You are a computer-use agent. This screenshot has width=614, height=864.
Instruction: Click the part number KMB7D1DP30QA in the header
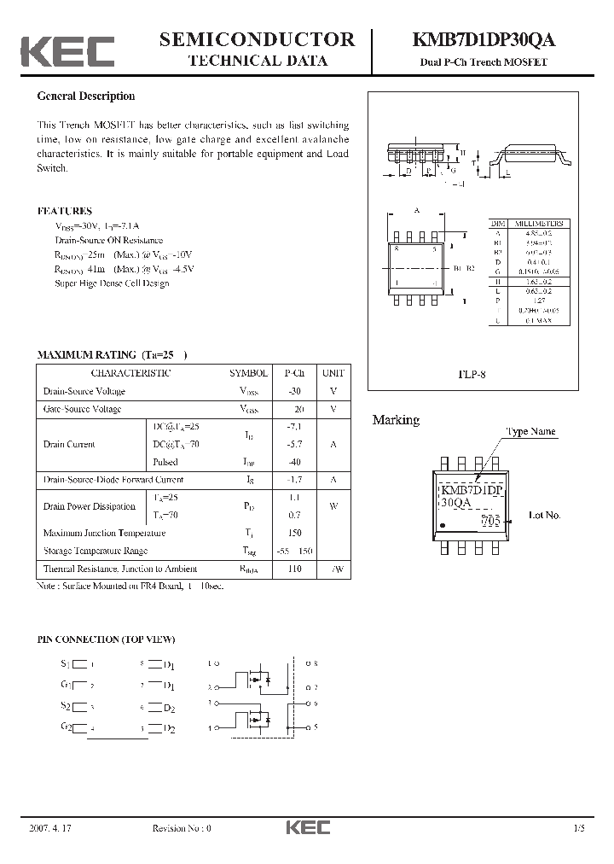click(484, 40)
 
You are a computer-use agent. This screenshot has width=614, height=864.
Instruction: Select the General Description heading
click(86, 96)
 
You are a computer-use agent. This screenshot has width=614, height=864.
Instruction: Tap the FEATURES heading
click(65, 211)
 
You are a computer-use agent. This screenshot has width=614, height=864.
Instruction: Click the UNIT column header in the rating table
click(333, 373)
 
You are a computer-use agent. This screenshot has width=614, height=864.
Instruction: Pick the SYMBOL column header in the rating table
click(248, 373)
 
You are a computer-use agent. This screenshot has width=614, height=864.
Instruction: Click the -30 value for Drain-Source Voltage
click(294, 391)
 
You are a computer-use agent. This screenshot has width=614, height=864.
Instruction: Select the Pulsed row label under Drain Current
click(165, 462)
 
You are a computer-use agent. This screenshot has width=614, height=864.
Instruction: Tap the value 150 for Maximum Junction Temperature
click(294, 533)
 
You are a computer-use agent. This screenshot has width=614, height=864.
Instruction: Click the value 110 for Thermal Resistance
click(294, 569)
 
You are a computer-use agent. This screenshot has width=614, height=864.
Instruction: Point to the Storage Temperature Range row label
click(96, 551)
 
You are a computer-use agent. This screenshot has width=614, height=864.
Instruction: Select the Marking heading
click(396, 420)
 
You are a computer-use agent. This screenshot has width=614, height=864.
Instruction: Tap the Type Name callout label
click(530, 432)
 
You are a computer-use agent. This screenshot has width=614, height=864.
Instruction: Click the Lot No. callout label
click(545, 515)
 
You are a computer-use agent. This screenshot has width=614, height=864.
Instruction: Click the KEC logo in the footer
click(307, 827)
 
